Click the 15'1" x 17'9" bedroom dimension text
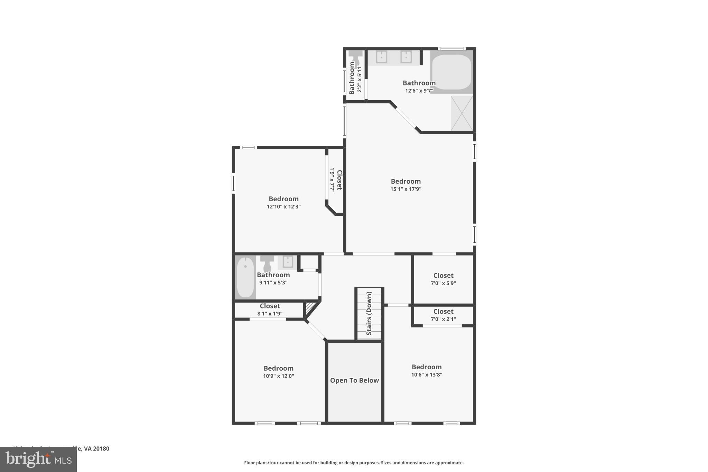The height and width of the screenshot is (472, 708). click(x=406, y=189)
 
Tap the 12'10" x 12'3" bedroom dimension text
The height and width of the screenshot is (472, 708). click(x=283, y=207)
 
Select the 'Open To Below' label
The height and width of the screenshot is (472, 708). click(x=354, y=380)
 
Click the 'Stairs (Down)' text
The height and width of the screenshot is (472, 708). click(x=369, y=314)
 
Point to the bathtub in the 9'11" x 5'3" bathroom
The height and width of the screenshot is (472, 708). click(x=245, y=277)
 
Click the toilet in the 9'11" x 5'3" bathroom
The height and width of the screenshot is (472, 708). click(x=267, y=263)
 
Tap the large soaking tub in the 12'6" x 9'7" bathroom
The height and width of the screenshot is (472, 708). click(x=451, y=72)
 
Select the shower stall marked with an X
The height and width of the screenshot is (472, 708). click(x=462, y=113)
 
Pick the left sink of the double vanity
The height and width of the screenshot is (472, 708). click(x=381, y=57)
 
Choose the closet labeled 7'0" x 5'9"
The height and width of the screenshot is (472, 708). click(x=443, y=279)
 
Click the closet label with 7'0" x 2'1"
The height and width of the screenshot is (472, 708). click(x=443, y=315)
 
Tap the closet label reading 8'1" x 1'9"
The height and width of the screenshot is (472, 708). click(x=270, y=309)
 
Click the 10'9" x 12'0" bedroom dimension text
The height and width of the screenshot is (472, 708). click(x=278, y=376)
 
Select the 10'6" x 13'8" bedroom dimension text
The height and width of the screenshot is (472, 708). click(x=427, y=375)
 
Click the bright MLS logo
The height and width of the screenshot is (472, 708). click(x=38, y=459)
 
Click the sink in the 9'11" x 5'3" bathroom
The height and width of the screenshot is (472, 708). click(x=288, y=262)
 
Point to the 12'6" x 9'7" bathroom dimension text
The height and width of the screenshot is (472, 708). click(x=419, y=91)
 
